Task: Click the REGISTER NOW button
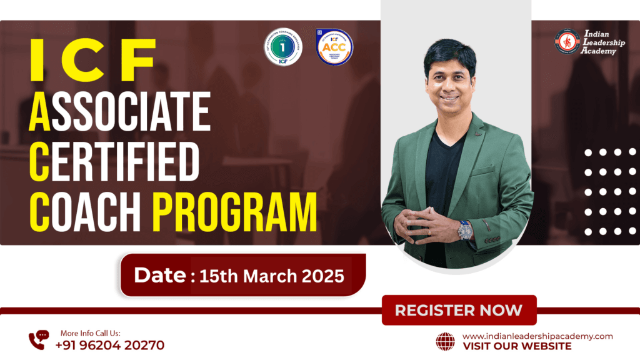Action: click(x=459, y=310)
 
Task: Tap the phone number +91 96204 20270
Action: click(x=110, y=344)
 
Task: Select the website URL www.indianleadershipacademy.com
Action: click(x=537, y=336)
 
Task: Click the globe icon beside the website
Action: click(x=445, y=341)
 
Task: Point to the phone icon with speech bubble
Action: click(x=38, y=339)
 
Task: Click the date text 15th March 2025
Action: click(x=271, y=276)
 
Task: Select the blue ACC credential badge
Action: click(x=334, y=47)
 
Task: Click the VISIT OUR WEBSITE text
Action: click(x=517, y=346)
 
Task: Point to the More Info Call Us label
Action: click(x=91, y=333)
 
